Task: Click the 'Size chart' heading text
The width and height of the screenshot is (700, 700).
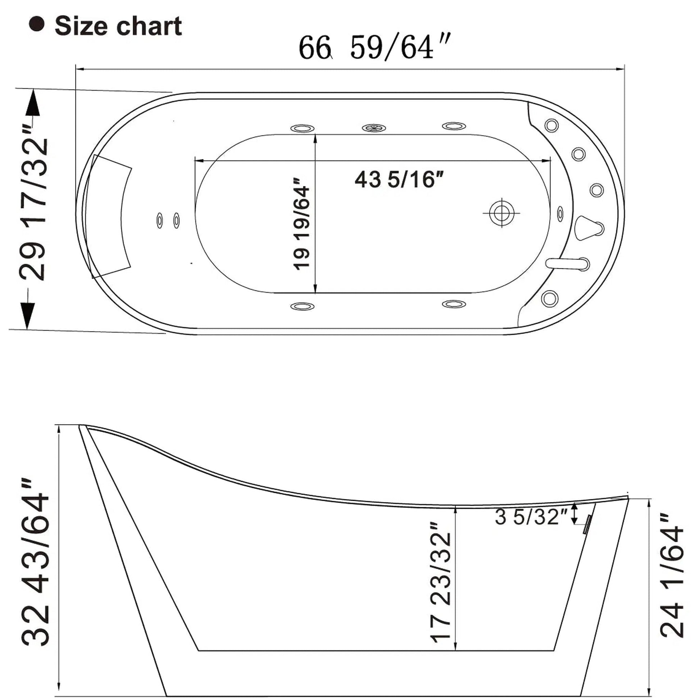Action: click(118, 26)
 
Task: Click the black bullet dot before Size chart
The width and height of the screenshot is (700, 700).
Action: click(37, 24)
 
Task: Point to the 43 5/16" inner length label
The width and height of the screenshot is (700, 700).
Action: click(399, 179)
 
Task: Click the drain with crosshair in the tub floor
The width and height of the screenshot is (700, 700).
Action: click(502, 213)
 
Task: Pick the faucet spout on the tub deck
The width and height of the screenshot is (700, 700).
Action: click(567, 263)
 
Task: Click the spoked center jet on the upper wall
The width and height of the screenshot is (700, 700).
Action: click(373, 128)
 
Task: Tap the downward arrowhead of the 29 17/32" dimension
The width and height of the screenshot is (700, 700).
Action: click(28, 315)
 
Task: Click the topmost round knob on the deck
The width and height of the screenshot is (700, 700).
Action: click(551, 126)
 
